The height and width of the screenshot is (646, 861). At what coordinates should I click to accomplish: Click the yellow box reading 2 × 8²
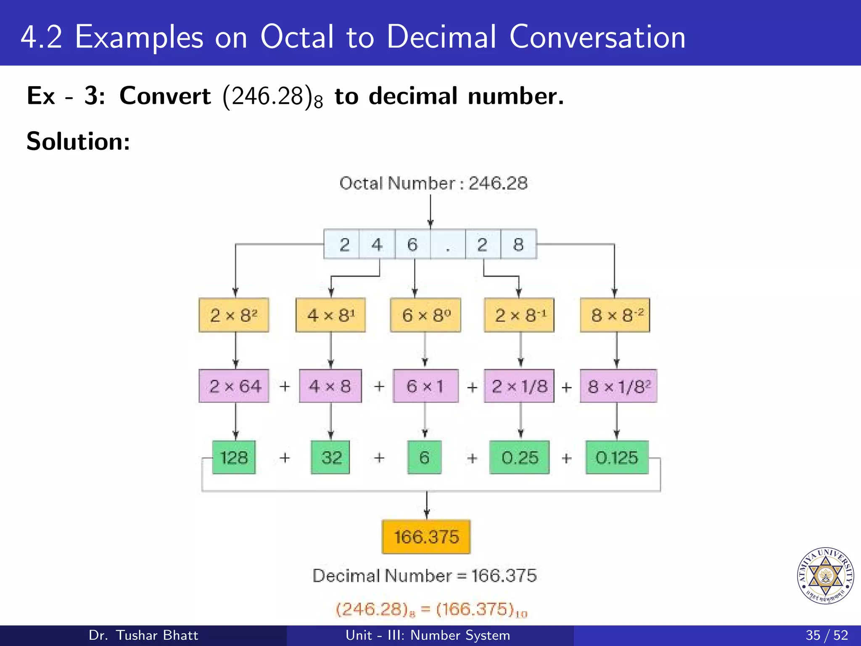click(x=234, y=315)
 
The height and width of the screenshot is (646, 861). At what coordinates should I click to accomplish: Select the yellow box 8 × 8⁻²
click(x=615, y=315)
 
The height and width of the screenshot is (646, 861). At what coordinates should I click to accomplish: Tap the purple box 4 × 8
click(x=330, y=386)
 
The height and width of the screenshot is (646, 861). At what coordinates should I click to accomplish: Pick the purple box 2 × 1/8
click(x=519, y=386)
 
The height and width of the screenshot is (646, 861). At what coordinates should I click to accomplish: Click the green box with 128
click(x=234, y=458)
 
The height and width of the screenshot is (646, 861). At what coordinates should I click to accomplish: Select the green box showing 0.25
click(x=520, y=458)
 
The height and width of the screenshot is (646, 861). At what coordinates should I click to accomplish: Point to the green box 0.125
click(x=617, y=458)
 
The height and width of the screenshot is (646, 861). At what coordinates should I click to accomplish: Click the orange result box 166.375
click(x=426, y=537)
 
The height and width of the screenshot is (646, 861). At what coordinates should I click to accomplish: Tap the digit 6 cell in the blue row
click(x=412, y=244)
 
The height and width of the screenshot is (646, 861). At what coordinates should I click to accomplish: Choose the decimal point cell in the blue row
click(x=448, y=244)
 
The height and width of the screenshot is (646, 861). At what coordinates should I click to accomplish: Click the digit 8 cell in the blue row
click(x=518, y=244)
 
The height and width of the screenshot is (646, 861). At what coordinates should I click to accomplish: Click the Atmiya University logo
click(x=825, y=575)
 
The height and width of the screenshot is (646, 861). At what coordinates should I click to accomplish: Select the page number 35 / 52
click(x=827, y=635)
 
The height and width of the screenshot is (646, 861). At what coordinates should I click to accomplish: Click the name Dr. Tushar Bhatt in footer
click(x=143, y=635)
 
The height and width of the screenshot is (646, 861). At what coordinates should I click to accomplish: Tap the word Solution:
click(x=78, y=141)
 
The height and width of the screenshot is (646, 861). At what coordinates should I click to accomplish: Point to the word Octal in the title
click(x=297, y=37)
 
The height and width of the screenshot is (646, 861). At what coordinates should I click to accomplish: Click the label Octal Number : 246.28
click(x=433, y=183)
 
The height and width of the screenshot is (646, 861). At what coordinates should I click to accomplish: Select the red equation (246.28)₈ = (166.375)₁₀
click(x=431, y=609)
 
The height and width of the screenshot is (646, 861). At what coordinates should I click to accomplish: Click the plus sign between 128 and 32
click(x=285, y=458)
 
